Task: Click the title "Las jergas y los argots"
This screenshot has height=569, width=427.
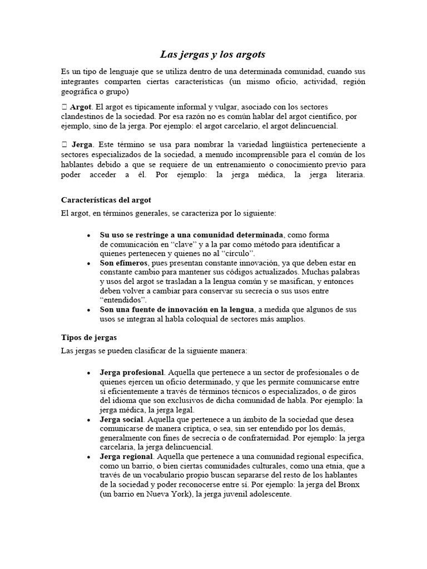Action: click(x=213, y=54)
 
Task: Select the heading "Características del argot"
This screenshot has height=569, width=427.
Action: click(x=106, y=199)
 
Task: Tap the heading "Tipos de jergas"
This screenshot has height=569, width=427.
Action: click(x=88, y=337)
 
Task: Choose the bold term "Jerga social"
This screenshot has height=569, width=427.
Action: click(x=122, y=419)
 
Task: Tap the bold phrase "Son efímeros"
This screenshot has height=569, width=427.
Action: click(x=123, y=262)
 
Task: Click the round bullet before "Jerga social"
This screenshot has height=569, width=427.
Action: click(x=89, y=420)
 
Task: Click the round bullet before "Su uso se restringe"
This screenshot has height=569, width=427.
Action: click(x=89, y=235)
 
